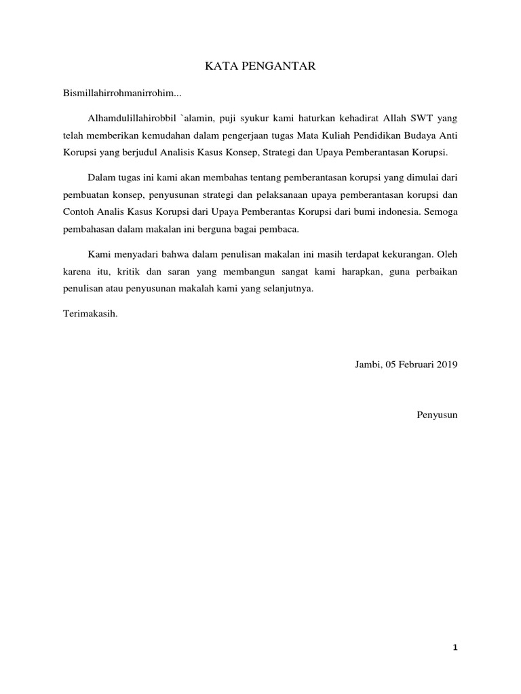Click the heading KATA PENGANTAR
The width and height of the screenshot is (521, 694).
(x=260, y=66)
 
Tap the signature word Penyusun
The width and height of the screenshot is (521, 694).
(x=438, y=414)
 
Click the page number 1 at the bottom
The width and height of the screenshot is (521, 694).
(x=455, y=647)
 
